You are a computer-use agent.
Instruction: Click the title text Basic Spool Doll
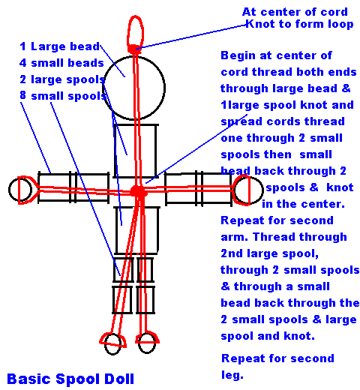[x=71, y=379]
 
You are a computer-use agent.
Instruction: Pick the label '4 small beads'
[x=60, y=63]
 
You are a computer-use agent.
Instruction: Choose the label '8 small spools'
[x=62, y=96]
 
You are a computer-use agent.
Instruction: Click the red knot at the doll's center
[x=137, y=191]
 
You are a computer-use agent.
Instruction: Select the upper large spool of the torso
[x=136, y=150]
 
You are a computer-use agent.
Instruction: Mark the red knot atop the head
[x=135, y=49]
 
